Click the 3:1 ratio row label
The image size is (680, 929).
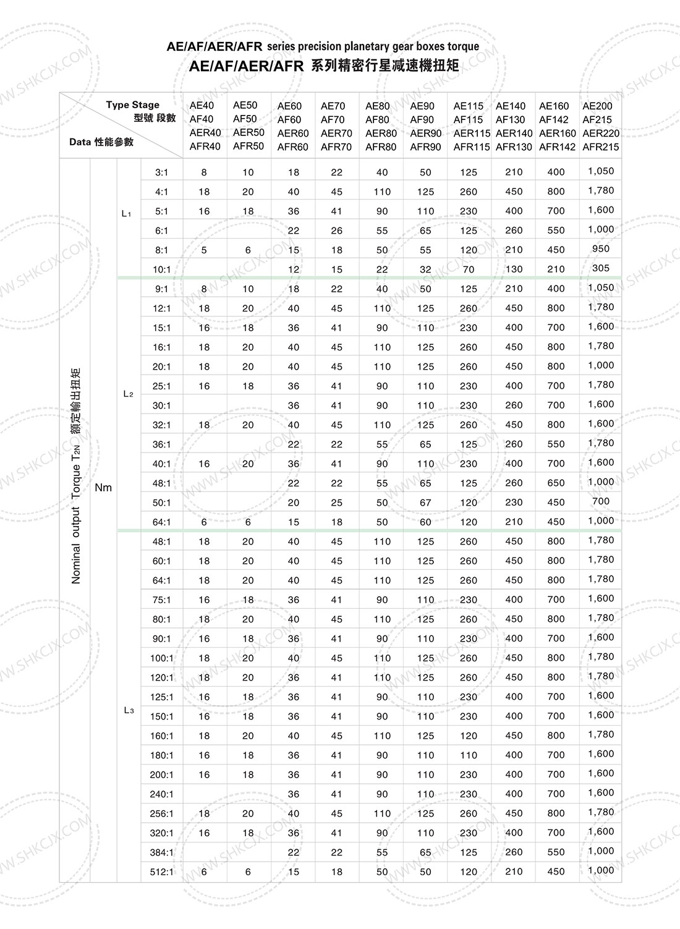pyautogui.click(x=161, y=172)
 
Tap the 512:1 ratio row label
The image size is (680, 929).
pyautogui.click(x=162, y=872)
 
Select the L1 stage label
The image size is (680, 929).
pyautogui.click(x=127, y=214)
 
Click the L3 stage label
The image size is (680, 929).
pyautogui.click(x=129, y=711)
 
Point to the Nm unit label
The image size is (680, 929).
pyautogui.click(x=103, y=488)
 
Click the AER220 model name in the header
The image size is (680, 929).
pyautogui.click(x=600, y=133)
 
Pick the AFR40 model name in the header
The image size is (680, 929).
pyautogui.click(x=205, y=146)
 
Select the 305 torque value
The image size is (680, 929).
pyautogui.click(x=600, y=268)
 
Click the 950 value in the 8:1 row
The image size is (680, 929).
pyautogui.click(x=600, y=248)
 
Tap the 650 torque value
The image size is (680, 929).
pyautogui.click(x=556, y=483)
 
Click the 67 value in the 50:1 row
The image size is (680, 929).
pyautogui.click(x=425, y=503)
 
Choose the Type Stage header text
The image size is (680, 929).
pyautogui.click(x=132, y=104)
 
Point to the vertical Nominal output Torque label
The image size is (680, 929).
pyautogui.click(x=77, y=476)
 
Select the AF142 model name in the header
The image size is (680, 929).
pyautogui.click(x=554, y=119)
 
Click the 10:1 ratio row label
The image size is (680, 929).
pyautogui.click(x=161, y=269)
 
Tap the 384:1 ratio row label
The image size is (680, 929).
pyautogui.click(x=162, y=852)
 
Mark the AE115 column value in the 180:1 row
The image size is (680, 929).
pyautogui.click(x=469, y=755)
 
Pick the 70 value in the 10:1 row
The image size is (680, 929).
pyautogui.click(x=469, y=269)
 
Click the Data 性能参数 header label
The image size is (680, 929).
pyautogui.click(x=101, y=142)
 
